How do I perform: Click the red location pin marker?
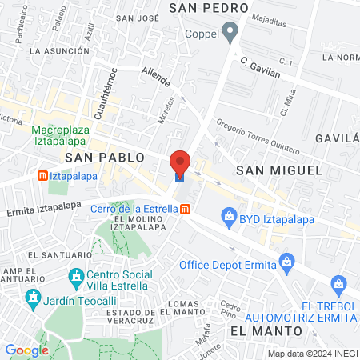tap(180, 162)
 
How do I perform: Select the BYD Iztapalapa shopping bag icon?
tap(230, 215)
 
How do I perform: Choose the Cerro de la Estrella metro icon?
tap(186, 209)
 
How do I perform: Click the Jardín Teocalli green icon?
tap(34, 300)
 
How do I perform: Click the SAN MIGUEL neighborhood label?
tap(279, 170)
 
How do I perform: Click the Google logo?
tap(26, 350)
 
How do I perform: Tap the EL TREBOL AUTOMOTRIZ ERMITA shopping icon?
tap(339, 283)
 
